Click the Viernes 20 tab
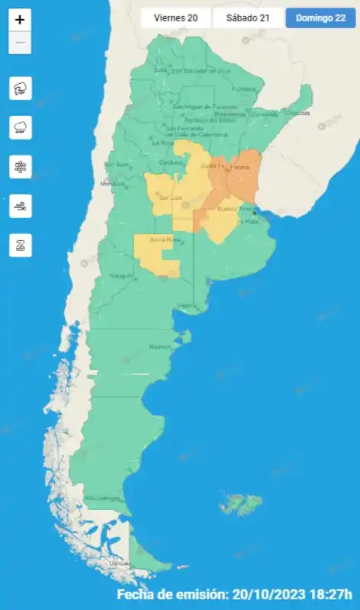pyautogui.click(x=176, y=18)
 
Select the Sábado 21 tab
pyautogui.click(x=247, y=18)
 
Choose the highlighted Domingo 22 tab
pyautogui.click(x=320, y=18)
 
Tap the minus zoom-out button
pyautogui.click(x=20, y=43)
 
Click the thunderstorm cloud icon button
pyautogui.click(x=20, y=88)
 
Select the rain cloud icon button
pyautogui.click(x=20, y=128)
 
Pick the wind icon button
pyautogui.click(x=20, y=207)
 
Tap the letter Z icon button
pyautogui.click(x=20, y=246)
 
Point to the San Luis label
pyautogui.click(x=169, y=197)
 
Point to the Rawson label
pyautogui.click(x=160, y=347)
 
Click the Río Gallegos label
pyautogui.click(x=102, y=498)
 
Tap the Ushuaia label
pyautogui.click(x=120, y=563)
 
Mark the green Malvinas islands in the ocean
pyautogui.click(x=242, y=503)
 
